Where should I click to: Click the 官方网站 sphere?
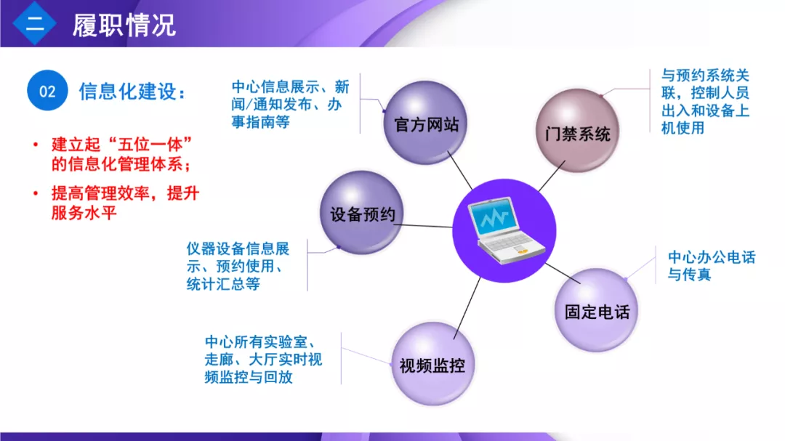click(425, 123)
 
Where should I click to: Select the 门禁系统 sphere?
click(577, 131)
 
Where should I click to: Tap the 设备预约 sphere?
click(362, 213)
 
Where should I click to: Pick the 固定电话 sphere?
click(596, 309)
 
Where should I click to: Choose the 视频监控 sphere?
click(432, 364)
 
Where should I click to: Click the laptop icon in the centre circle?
click(506, 230)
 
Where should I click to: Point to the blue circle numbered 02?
click(47, 91)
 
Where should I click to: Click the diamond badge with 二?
click(35, 23)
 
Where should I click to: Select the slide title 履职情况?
click(124, 25)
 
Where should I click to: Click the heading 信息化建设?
click(132, 92)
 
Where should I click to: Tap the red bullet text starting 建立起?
click(121, 154)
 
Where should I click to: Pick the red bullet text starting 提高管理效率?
click(125, 203)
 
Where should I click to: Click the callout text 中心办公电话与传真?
click(712, 266)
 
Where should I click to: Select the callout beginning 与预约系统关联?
click(705, 102)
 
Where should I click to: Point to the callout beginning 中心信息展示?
click(290, 104)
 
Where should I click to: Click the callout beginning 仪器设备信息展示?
click(238, 267)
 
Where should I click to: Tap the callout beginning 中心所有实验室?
click(263, 360)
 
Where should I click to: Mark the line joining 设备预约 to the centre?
click(423, 226)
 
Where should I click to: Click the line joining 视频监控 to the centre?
click(467, 308)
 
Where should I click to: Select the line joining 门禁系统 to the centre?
click(552, 177)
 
